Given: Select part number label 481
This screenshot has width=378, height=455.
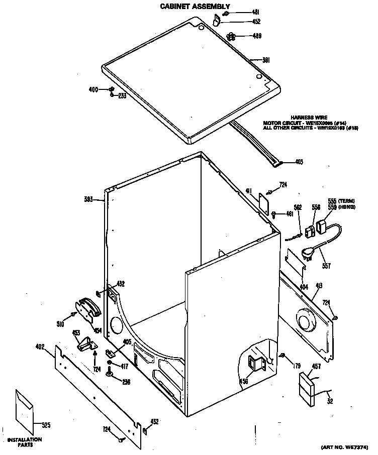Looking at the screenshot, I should click(x=255, y=13).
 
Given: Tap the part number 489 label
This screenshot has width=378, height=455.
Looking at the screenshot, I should click(x=256, y=36).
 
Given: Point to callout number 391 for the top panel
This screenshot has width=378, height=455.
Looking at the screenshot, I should click(x=267, y=60).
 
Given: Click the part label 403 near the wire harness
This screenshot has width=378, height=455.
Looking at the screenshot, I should click(x=299, y=162).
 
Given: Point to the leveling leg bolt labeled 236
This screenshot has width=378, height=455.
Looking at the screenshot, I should click(x=109, y=372).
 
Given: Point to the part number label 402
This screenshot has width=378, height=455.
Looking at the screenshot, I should click(x=40, y=347).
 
